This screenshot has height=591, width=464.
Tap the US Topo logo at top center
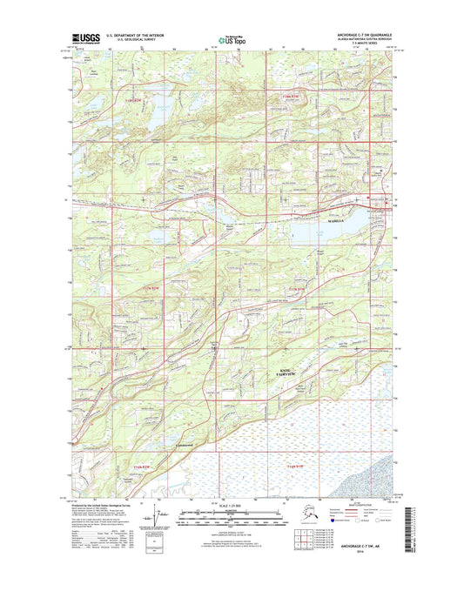click(x=231, y=39)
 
